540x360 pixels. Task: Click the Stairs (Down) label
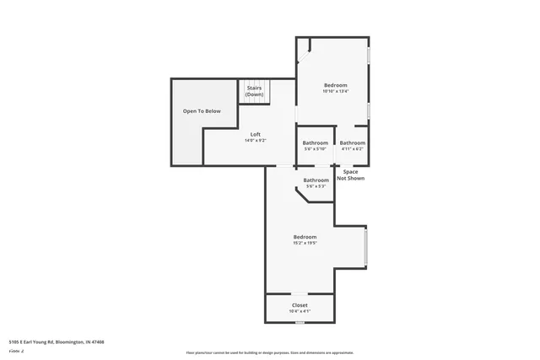[254, 91]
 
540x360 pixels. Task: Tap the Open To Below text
[202, 111]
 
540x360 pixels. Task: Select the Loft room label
[255, 134]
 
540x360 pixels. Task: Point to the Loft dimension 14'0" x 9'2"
[255, 140]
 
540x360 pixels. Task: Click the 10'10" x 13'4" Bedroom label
[335, 85]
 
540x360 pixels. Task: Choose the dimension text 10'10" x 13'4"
[335, 91]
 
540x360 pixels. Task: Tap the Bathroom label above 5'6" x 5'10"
[316, 142]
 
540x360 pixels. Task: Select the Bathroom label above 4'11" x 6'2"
[353, 142]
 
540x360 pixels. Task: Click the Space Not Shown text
[350, 175]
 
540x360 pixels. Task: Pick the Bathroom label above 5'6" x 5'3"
[316, 180]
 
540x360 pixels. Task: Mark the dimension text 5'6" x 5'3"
[316, 185]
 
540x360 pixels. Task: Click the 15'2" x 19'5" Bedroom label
[305, 237]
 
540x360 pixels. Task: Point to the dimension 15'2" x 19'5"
[305, 243]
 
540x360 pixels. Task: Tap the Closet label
[300, 305]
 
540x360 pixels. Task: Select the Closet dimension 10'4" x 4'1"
[300, 311]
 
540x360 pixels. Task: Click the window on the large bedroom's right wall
[366, 249]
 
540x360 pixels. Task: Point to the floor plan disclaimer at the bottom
[269, 352]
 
